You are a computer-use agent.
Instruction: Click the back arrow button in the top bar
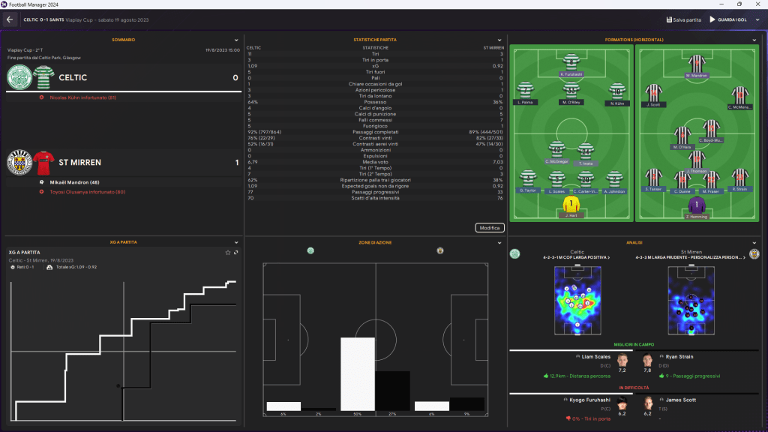(10, 19)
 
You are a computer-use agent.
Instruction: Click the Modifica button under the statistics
(489, 227)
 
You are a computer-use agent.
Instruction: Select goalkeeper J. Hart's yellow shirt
(571, 203)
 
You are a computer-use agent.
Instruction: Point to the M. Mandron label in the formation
(697, 76)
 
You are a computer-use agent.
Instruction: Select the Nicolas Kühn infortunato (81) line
(82, 97)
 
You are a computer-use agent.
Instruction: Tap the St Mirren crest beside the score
(18, 162)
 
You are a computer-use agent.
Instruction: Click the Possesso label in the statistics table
(375, 102)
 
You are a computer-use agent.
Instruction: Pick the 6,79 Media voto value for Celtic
(253, 161)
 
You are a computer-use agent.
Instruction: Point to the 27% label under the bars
(393, 414)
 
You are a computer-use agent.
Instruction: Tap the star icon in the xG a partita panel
(228, 253)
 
